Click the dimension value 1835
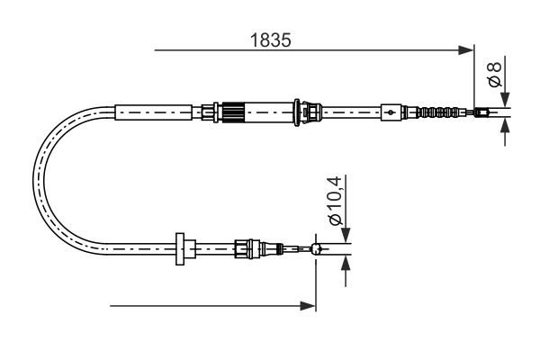[271, 40]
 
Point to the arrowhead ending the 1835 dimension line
[467, 50]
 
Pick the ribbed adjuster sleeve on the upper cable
[234, 112]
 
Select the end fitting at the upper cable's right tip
[482, 112]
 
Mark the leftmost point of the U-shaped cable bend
[33, 180]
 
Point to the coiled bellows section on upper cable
[441, 112]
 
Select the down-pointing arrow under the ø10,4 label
[345, 235]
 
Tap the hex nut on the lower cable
[243, 248]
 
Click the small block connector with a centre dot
[390, 112]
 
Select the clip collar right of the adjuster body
[311, 112]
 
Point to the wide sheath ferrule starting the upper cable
[155, 112]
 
